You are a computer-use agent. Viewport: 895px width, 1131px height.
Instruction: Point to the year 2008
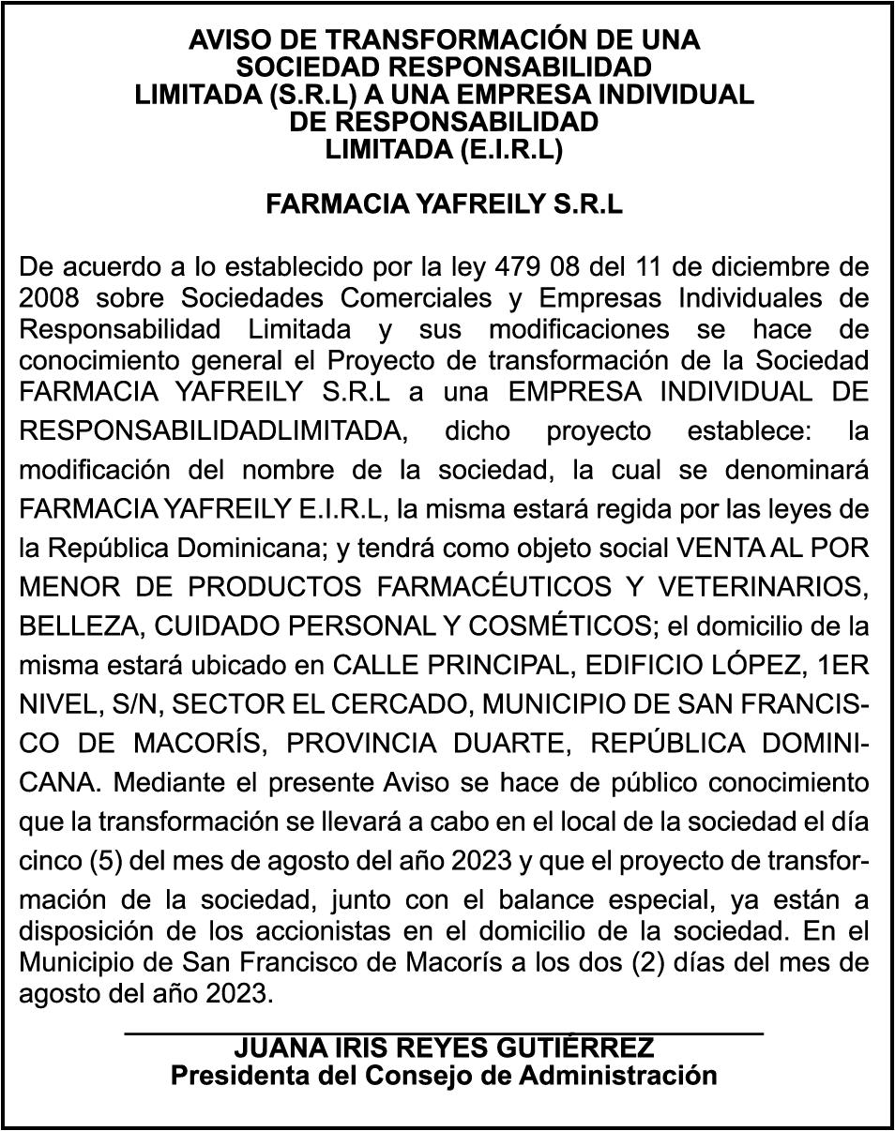(x=50, y=298)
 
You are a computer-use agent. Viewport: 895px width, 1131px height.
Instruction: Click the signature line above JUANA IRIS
(x=444, y=1033)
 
